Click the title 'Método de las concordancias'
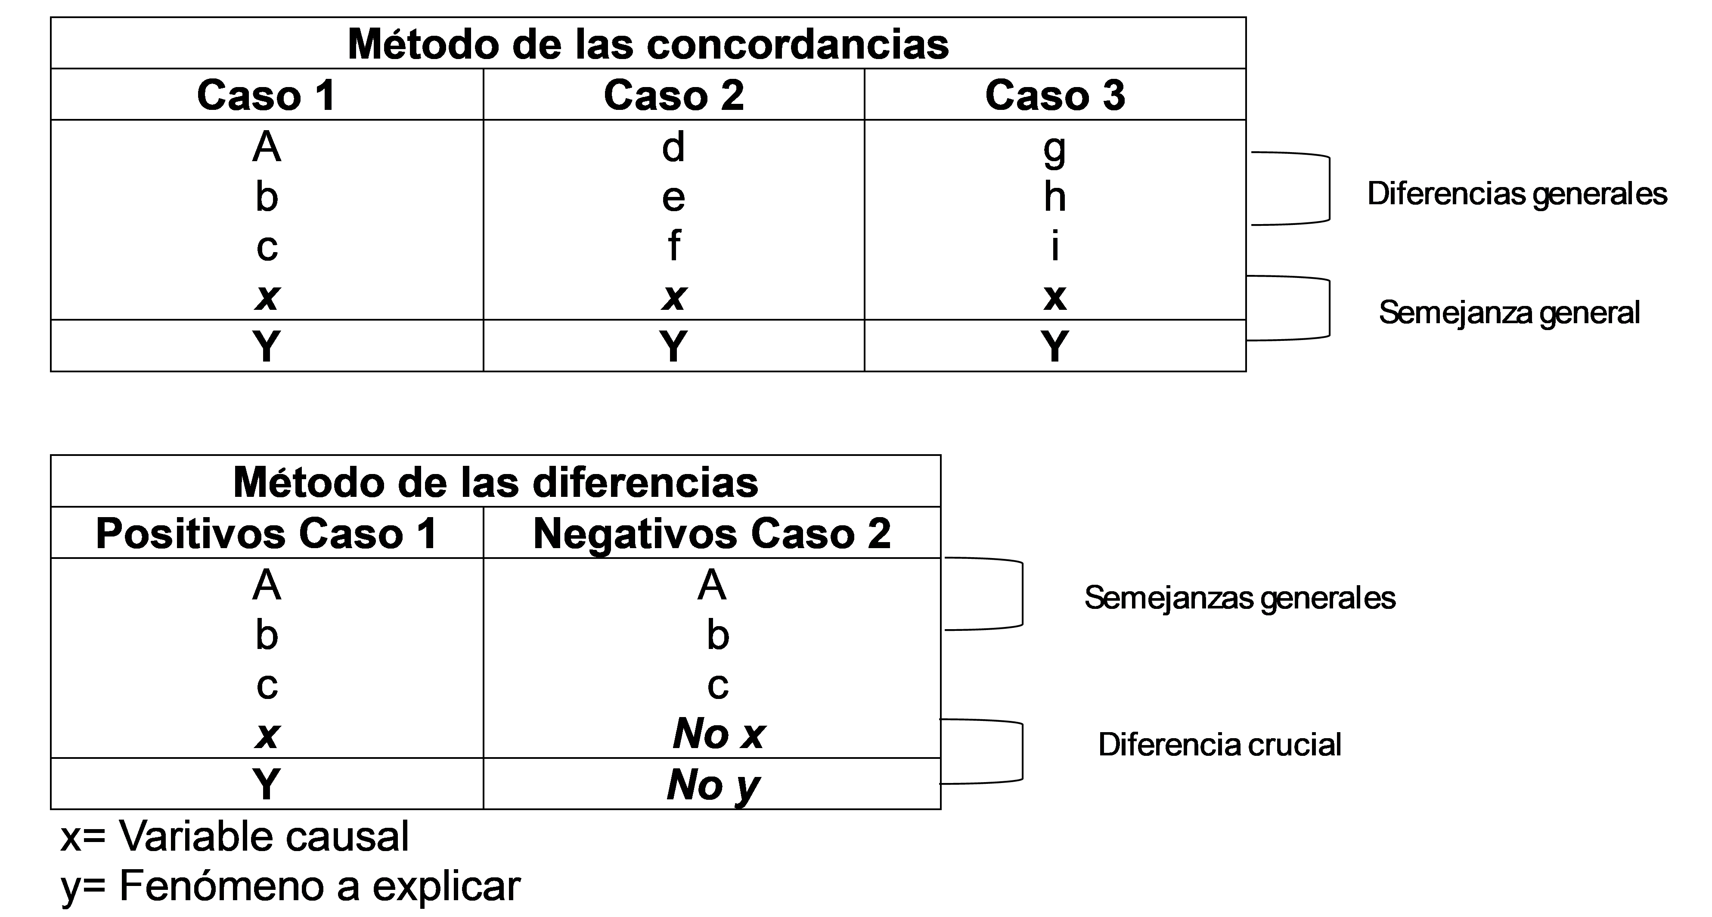pos(648,44)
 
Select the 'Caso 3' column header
pos(1055,95)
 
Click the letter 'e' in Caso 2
pos(673,197)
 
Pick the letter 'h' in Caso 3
pos(1055,197)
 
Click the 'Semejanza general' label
pos(1509,312)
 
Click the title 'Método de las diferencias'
pos(495,482)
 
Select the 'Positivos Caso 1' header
pos(267,533)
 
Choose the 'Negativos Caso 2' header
pos(712,533)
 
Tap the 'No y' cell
pos(713,785)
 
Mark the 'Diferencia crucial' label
pos(1219,745)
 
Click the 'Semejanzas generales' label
pos(1240,598)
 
